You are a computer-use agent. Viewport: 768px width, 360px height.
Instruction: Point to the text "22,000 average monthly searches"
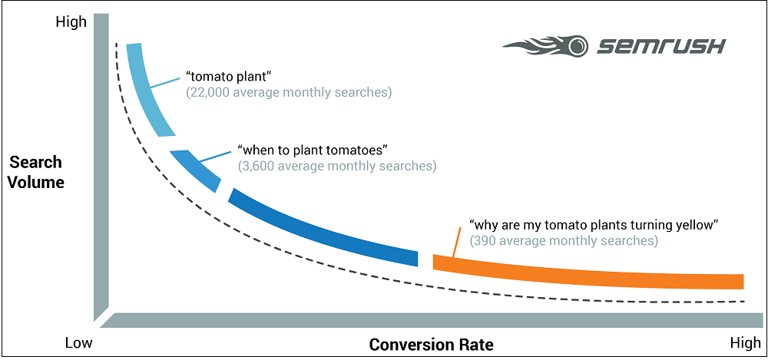[289, 93]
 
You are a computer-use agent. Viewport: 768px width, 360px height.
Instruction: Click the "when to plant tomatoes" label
[310, 150]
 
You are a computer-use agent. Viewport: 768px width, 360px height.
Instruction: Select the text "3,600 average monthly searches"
[337, 166]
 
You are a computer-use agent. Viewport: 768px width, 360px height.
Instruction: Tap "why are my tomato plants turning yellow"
[594, 226]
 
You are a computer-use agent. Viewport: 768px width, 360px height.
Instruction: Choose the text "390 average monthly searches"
[563, 241]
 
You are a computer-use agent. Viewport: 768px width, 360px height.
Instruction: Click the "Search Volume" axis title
[37, 172]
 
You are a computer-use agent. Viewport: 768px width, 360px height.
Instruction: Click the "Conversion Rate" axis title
[431, 345]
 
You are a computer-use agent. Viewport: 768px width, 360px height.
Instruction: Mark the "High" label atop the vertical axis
[71, 22]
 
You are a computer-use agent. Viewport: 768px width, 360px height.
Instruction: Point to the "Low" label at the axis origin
[78, 343]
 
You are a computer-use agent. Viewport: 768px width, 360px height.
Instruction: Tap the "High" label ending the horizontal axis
[746, 343]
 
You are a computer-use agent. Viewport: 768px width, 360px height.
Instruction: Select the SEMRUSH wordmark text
[660, 47]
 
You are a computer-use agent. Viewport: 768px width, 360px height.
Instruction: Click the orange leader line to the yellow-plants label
[456, 242]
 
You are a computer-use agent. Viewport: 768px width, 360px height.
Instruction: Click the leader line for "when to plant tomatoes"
[216, 157]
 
